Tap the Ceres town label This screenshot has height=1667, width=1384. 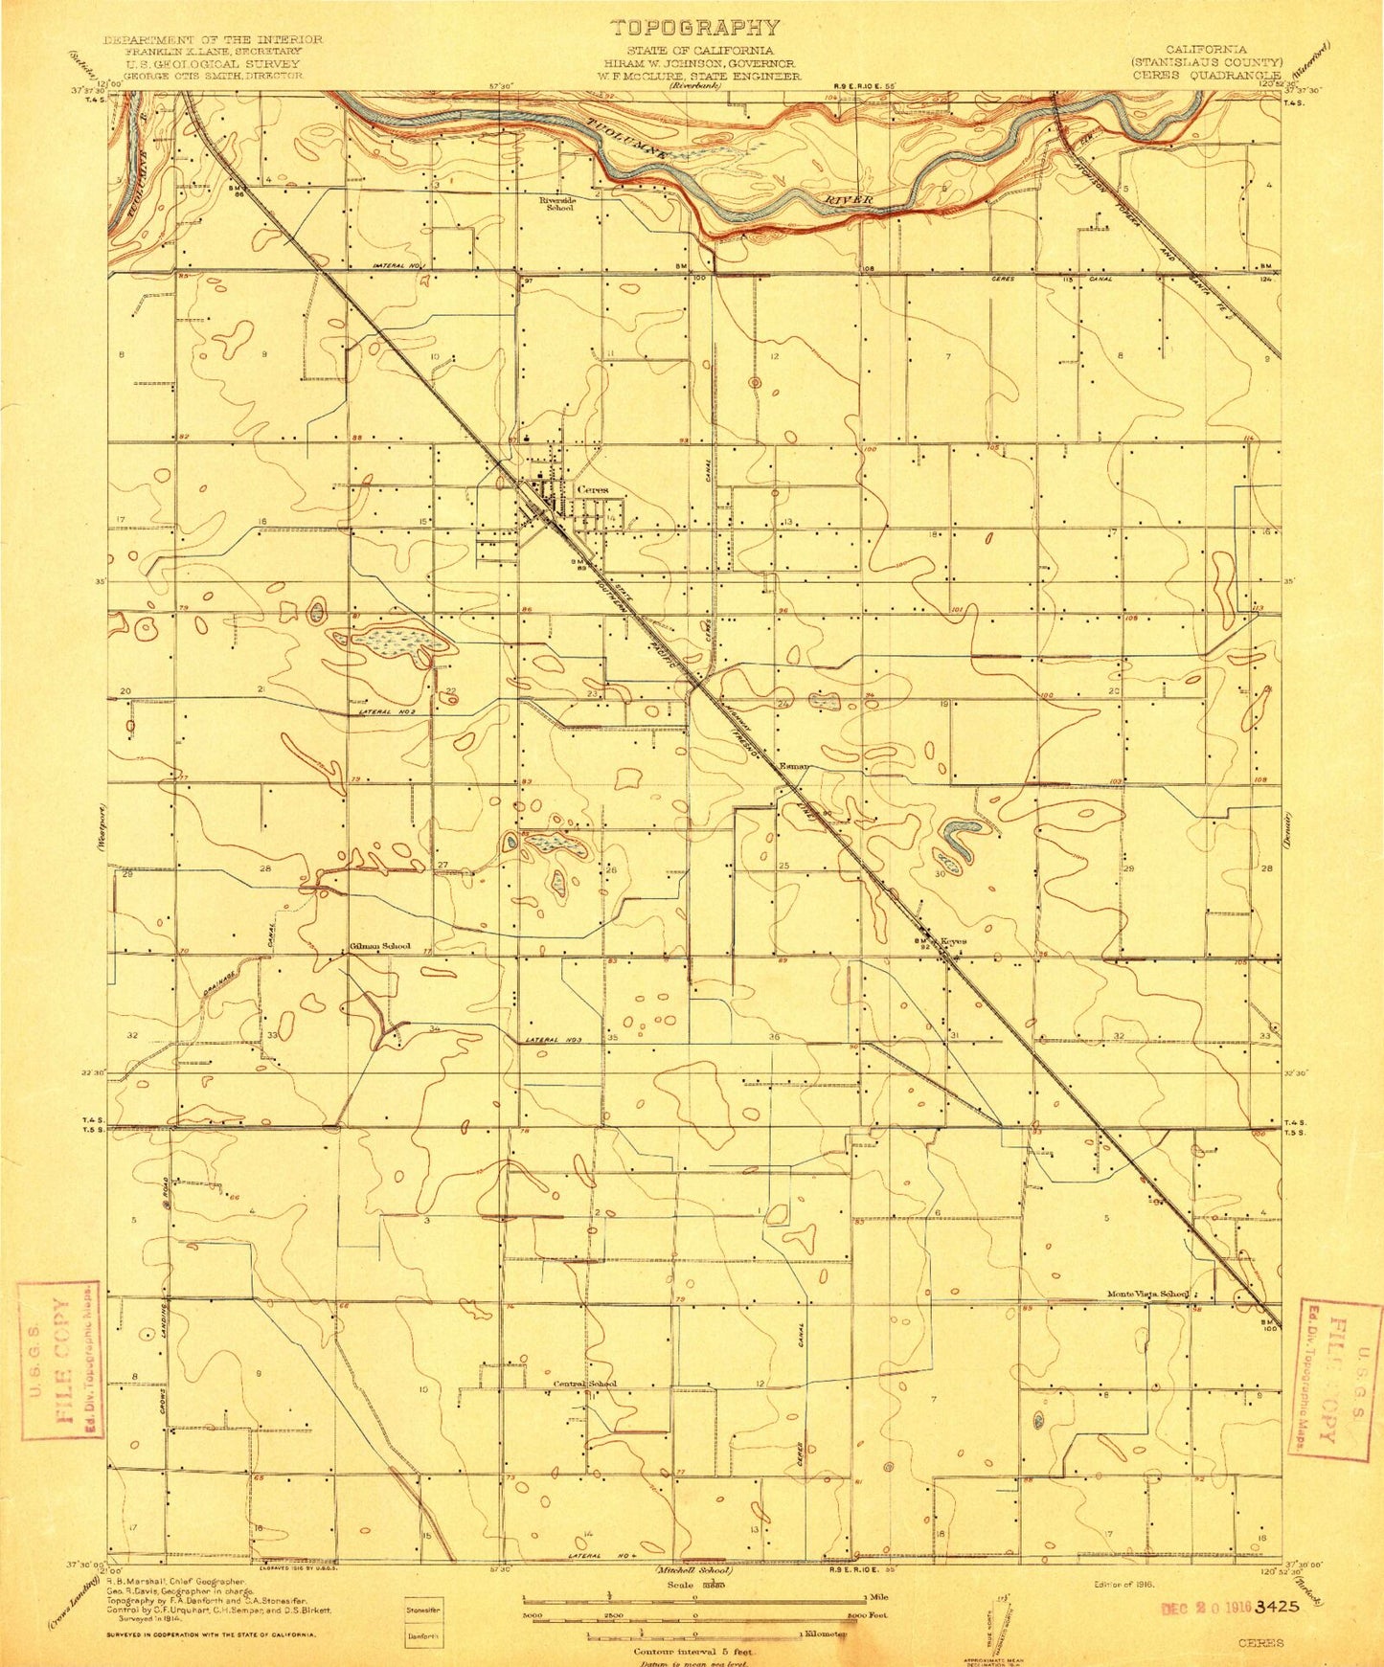[593, 489]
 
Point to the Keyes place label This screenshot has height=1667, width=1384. [953, 940]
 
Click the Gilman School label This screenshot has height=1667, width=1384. [379, 946]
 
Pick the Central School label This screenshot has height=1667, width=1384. [585, 1384]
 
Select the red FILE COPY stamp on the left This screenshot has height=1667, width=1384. [58, 1347]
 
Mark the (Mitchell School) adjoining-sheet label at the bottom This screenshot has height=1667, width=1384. [693, 1571]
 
